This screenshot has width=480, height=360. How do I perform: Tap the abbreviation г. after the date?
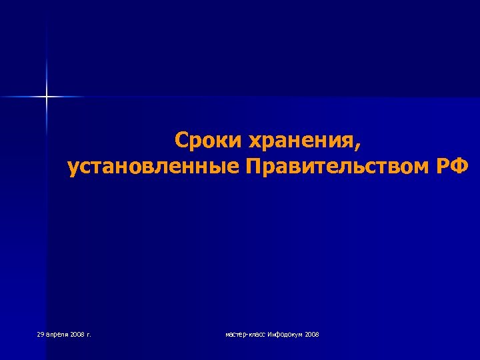click(x=87, y=334)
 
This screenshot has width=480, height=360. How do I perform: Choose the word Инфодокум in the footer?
click(x=285, y=333)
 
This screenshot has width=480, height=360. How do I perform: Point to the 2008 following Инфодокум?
click(x=312, y=333)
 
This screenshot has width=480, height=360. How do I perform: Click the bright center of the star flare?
click(x=47, y=97)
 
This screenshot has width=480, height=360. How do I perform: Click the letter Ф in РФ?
click(x=461, y=166)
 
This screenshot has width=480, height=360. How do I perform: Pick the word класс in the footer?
click(x=257, y=334)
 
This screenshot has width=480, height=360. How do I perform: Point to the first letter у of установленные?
click(x=73, y=168)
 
